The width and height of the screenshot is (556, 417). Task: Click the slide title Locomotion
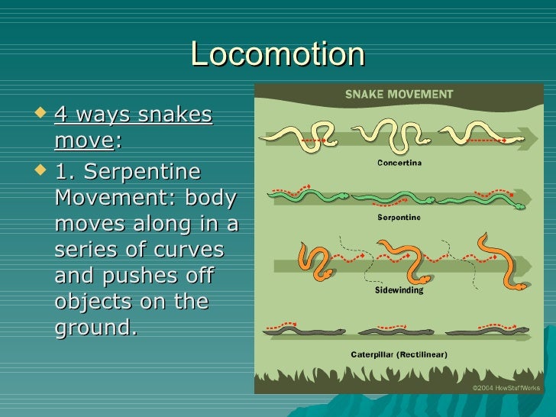click(x=277, y=54)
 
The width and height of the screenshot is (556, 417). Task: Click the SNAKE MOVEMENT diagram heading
click(x=399, y=95)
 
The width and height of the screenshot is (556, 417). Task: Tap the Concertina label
click(x=399, y=162)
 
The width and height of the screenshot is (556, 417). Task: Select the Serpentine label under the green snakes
click(x=399, y=218)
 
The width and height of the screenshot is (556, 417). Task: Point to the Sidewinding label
click(x=399, y=290)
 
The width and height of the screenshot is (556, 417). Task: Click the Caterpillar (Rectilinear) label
click(x=399, y=354)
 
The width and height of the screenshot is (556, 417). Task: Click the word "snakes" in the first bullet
click(x=177, y=115)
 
